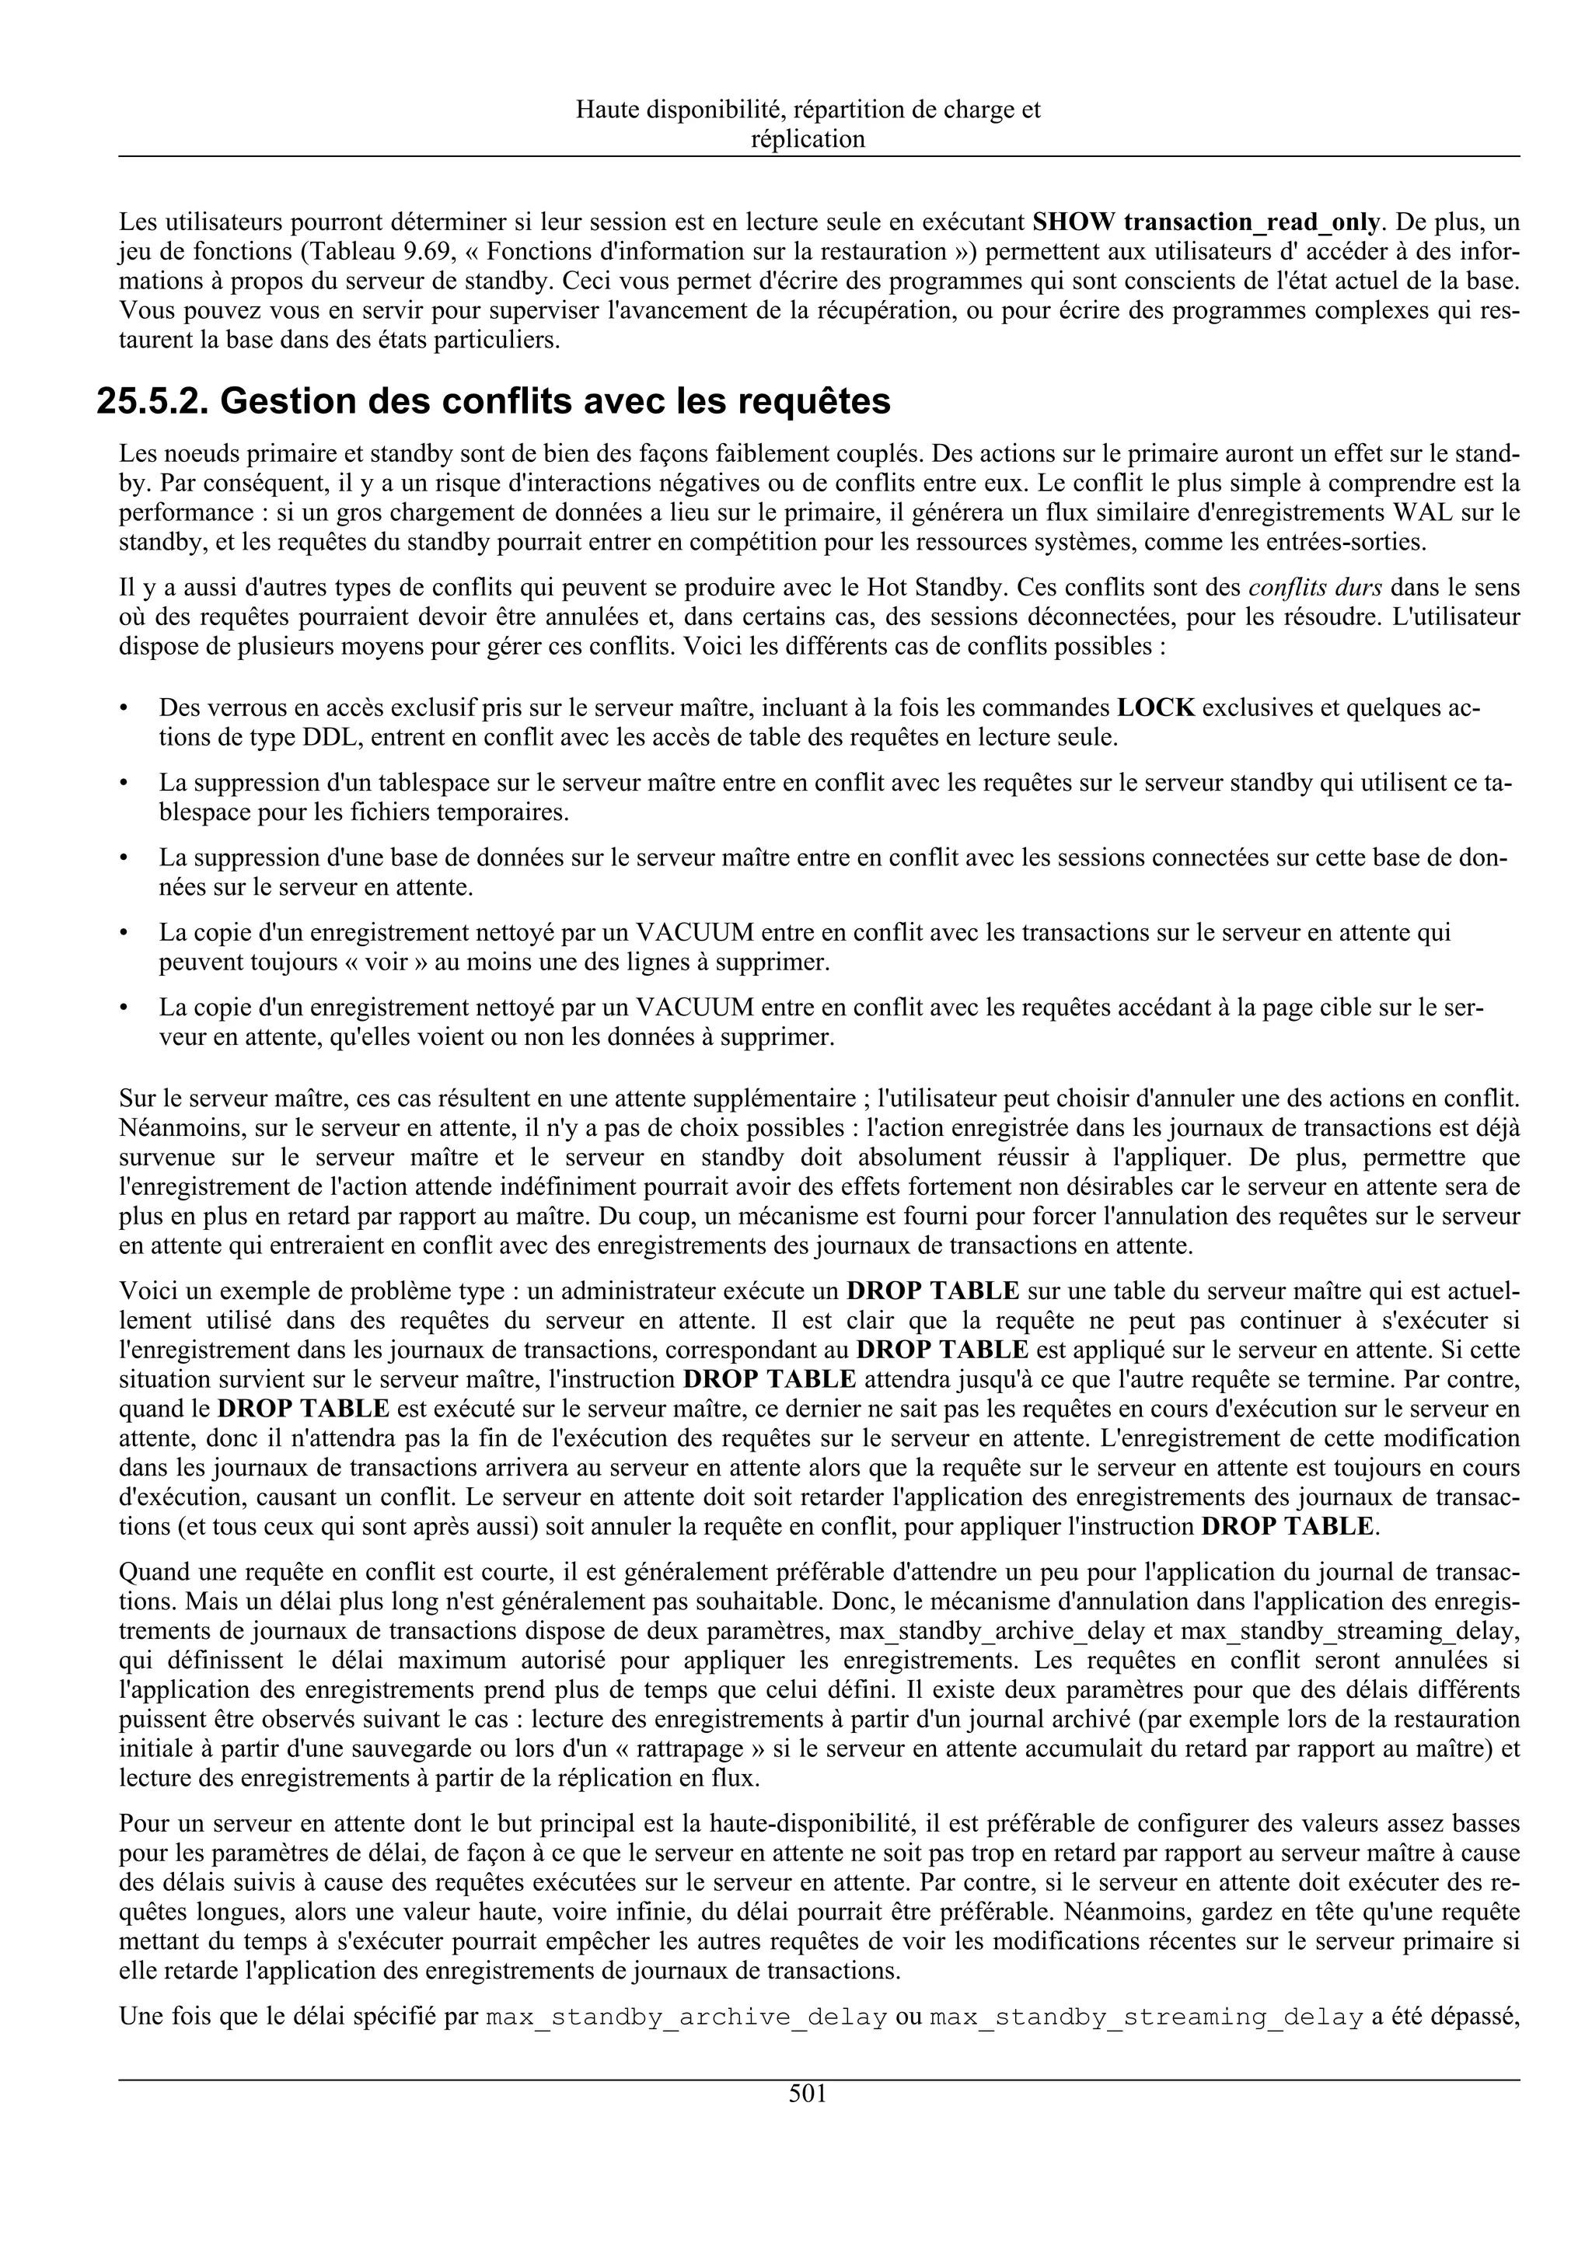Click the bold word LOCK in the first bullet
coord(1155,707)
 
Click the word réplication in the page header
coord(808,138)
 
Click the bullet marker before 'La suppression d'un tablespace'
coord(123,783)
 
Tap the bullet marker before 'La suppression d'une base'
coord(123,858)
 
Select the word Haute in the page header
coord(606,110)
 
